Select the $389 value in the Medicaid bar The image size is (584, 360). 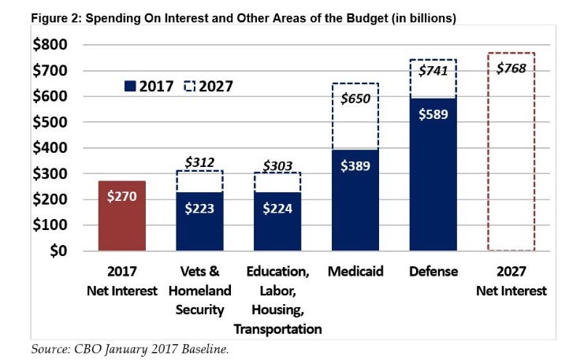point(358,166)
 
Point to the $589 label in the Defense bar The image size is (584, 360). point(433,115)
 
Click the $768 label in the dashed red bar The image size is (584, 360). point(511,68)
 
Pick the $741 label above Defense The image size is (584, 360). point(433,71)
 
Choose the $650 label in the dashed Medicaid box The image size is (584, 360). point(358,99)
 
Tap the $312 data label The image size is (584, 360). point(200,161)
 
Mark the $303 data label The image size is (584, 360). point(277,165)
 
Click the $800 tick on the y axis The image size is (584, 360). point(50,46)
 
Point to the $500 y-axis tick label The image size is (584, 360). point(50,123)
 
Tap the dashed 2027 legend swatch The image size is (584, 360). point(189,87)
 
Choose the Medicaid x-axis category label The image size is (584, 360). point(358,272)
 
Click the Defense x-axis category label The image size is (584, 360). point(433,272)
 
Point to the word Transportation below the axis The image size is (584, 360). point(277,328)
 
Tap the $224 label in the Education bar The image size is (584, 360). point(277,209)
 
